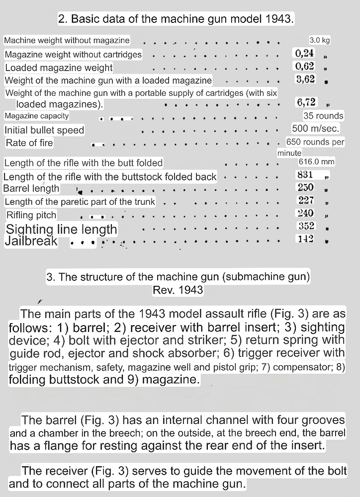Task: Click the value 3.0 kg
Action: [x=320, y=40]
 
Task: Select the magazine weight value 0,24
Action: [x=304, y=53]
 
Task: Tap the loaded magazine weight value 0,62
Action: [x=304, y=66]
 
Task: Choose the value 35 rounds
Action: [x=323, y=116]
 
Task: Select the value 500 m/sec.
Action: [x=316, y=129]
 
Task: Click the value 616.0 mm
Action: [x=317, y=162]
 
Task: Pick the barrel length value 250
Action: [x=305, y=187]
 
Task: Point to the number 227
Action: [x=305, y=200]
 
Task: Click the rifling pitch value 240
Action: [x=305, y=213]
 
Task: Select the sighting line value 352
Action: [x=305, y=226]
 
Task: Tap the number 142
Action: [x=305, y=239]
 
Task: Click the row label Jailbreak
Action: [x=31, y=242]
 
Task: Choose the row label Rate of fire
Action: [x=29, y=143]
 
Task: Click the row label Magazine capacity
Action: [x=37, y=116]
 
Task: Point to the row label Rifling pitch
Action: [x=31, y=215]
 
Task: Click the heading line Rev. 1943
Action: [x=178, y=289]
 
